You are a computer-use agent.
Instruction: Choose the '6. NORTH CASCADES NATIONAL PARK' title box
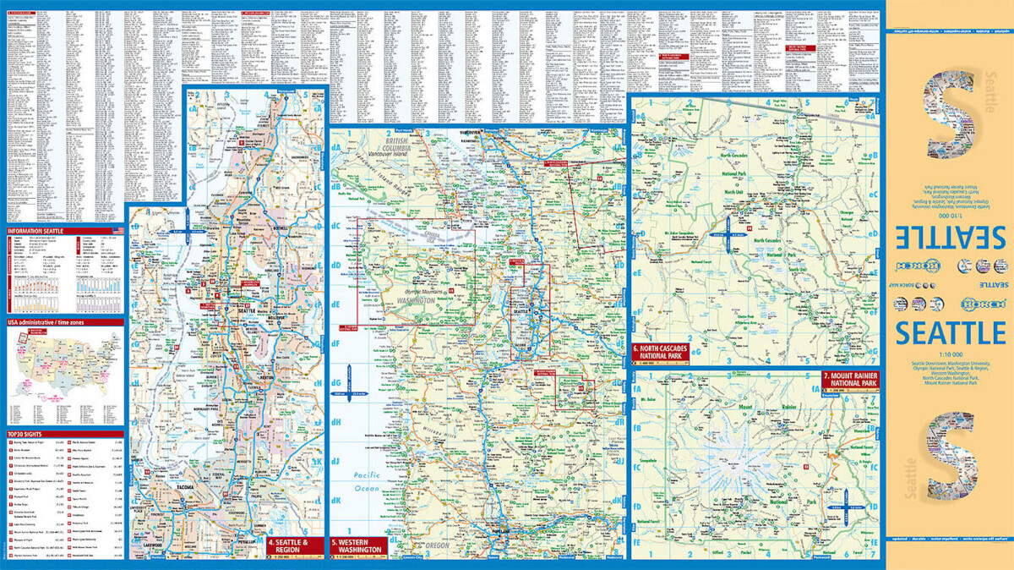coord(660,352)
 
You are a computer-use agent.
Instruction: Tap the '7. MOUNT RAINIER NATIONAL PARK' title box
coord(849,379)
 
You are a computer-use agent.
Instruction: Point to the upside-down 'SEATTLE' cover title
coord(949,235)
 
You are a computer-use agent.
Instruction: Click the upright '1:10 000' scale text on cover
coord(949,354)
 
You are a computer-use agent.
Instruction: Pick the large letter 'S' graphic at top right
coord(951,117)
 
